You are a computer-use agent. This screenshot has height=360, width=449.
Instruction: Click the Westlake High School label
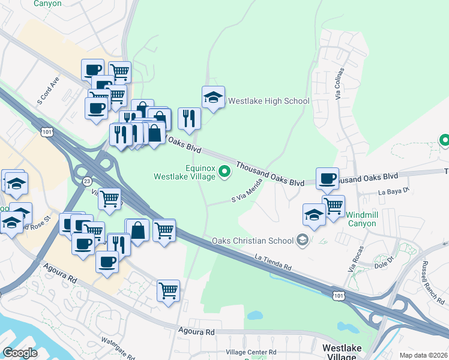pos(269,101)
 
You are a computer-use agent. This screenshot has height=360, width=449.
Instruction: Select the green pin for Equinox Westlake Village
pos(225,173)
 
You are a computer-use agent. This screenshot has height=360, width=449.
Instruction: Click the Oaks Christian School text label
pos(253,241)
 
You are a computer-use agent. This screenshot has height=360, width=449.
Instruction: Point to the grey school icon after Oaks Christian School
pos(303,241)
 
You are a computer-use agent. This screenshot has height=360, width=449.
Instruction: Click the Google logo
pos(20,353)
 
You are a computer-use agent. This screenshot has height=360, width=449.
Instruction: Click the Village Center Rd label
pos(250,352)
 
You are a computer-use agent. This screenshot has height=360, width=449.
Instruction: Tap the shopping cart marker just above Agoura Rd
pos(168,290)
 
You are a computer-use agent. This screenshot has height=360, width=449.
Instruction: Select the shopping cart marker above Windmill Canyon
pos(333,205)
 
